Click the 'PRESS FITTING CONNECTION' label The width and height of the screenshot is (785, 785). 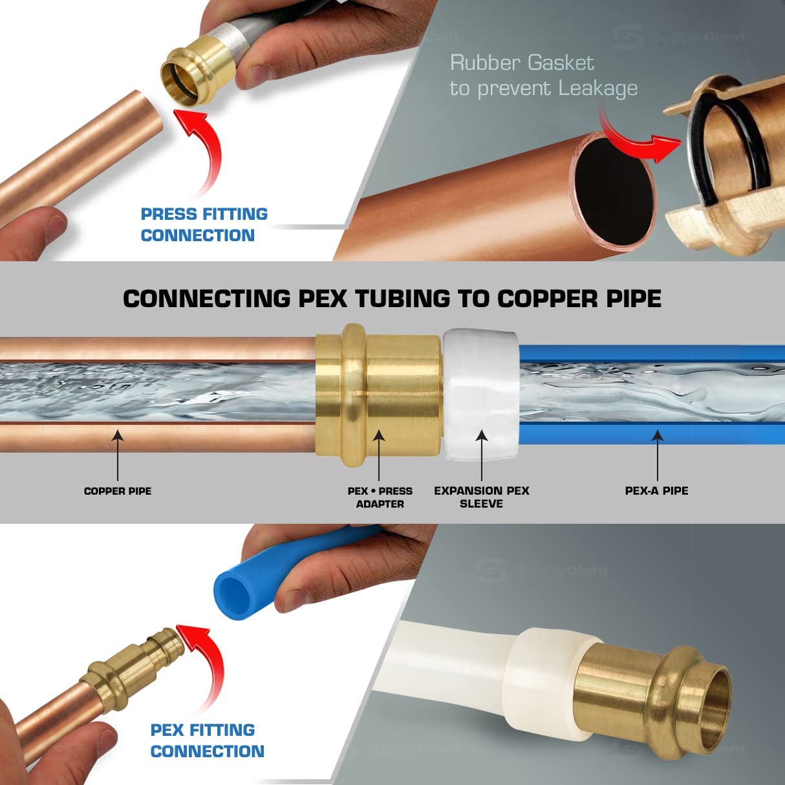[204, 224]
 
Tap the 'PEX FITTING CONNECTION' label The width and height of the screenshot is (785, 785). [207, 740]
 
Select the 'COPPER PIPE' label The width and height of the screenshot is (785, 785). [118, 491]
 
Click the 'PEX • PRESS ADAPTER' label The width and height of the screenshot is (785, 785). [380, 497]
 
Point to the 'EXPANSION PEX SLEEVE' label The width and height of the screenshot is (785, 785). [482, 497]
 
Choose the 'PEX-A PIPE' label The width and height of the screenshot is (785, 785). [656, 491]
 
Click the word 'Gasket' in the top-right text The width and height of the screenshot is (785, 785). [559, 63]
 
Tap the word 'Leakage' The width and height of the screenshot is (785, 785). [598, 89]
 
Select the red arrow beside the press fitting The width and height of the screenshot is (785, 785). [204, 149]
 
